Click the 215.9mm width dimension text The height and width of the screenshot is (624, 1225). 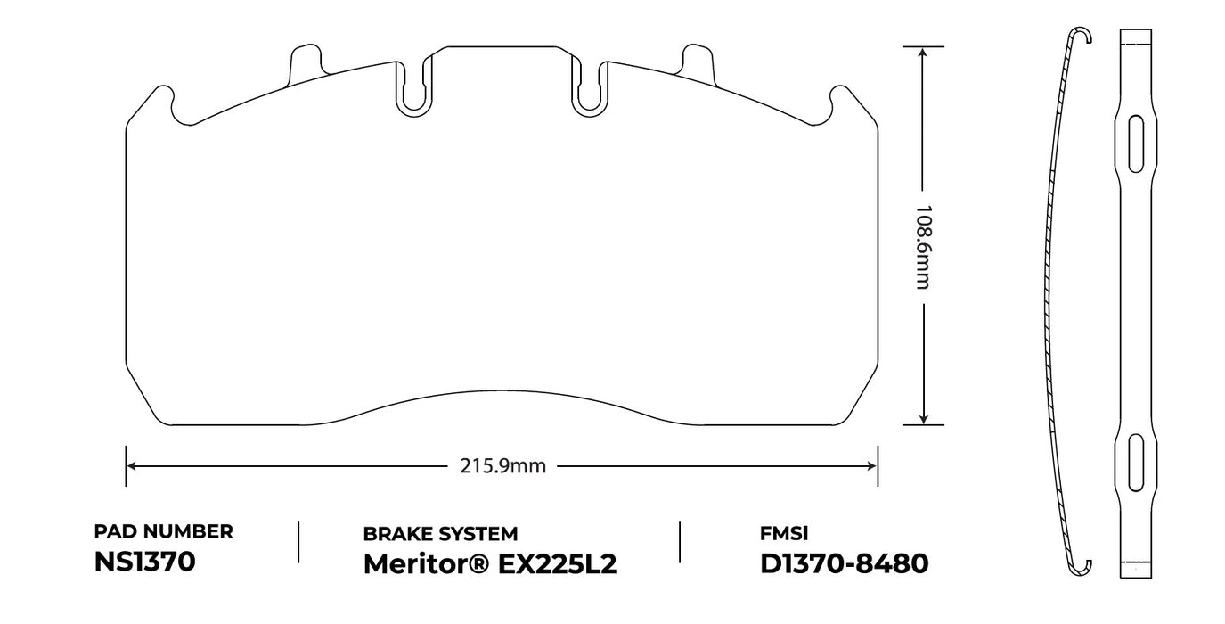click(502, 466)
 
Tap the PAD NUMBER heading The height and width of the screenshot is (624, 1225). click(163, 532)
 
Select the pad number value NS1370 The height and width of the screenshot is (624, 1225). click(144, 562)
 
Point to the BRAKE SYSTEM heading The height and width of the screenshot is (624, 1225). click(440, 534)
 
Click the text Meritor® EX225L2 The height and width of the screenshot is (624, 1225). click(489, 564)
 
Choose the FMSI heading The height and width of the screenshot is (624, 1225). click(783, 534)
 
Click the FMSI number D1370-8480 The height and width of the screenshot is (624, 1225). click(844, 563)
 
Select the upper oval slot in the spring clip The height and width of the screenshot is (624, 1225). click(1136, 143)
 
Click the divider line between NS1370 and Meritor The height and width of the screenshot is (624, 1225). click(298, 542)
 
